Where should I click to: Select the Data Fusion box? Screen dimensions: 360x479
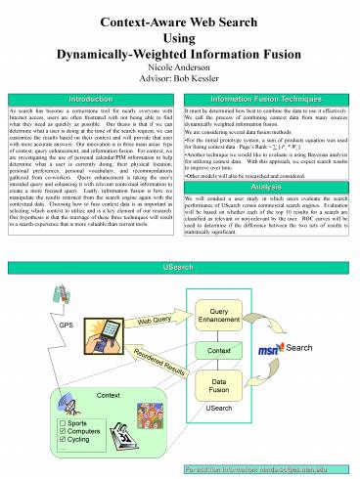[x=219, y=385]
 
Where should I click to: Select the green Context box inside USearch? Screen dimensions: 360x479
[x=219, y=349]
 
